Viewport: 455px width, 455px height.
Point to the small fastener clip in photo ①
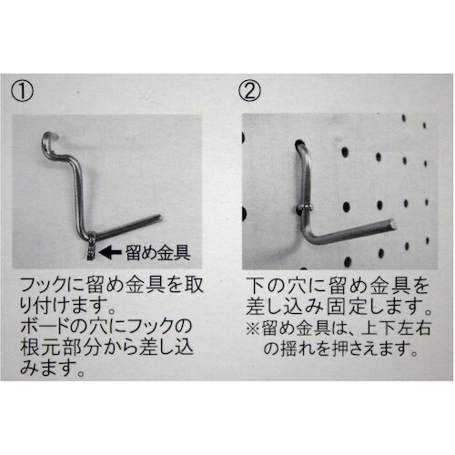[91, 246]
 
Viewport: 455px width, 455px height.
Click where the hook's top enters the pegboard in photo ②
[299, 142]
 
